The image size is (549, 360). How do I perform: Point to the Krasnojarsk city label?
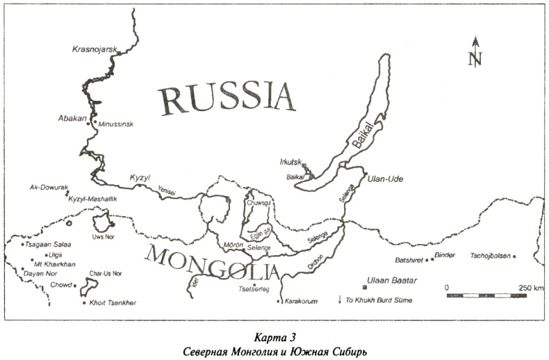point(97,49)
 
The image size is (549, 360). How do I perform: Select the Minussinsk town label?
point(115,124)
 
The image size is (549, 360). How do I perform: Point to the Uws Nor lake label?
point(102,237)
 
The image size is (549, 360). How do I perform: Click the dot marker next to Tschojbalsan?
point(514,256)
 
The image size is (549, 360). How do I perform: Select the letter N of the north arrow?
point(475,60)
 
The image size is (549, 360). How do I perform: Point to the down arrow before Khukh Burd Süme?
point(340,300)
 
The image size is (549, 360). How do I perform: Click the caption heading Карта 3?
point(275,337)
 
